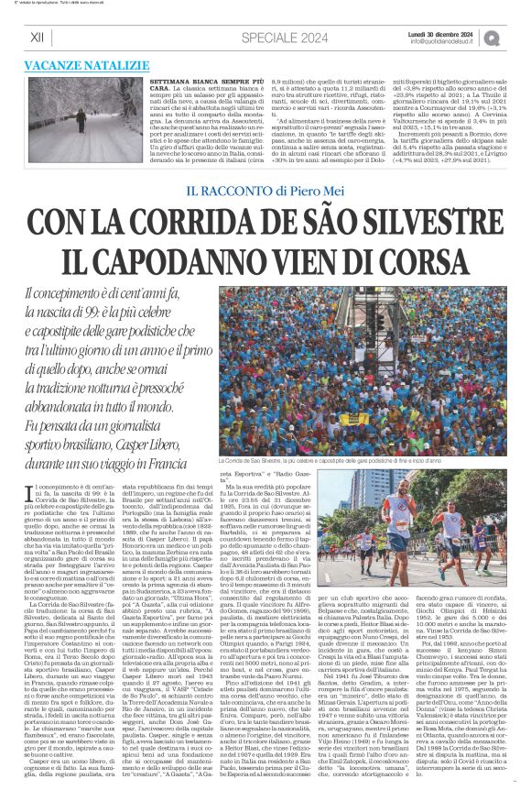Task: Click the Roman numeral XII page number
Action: [x=37, y=37]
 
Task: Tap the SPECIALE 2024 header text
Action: [x=284, y=38]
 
